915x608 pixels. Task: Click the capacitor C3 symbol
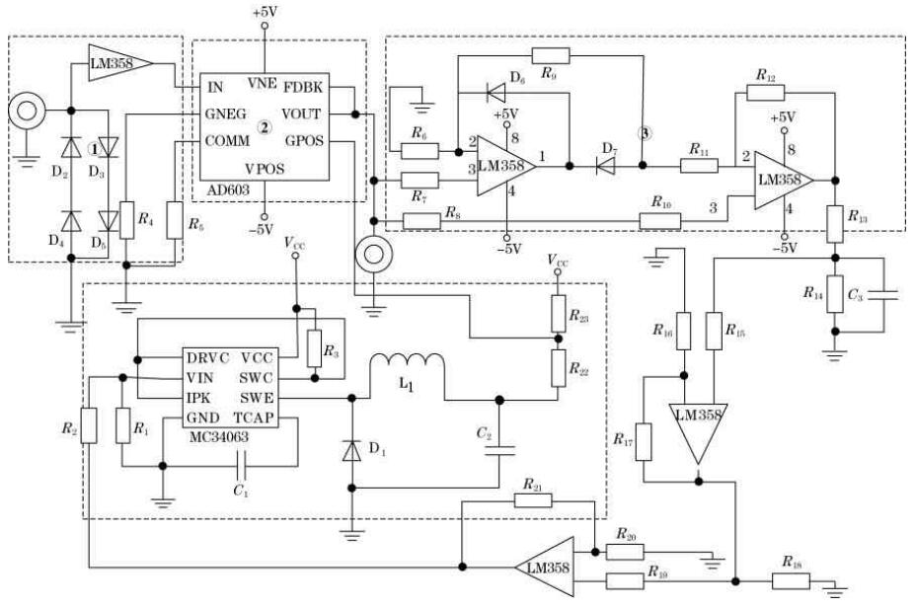pos(886,293)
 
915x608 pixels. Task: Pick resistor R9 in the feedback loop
pos(551,55)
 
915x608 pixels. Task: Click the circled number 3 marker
pos(645,133)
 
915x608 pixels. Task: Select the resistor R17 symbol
pos(644,440)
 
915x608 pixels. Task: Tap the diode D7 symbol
pos(600,166)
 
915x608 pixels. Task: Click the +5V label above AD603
pos(265,12)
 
